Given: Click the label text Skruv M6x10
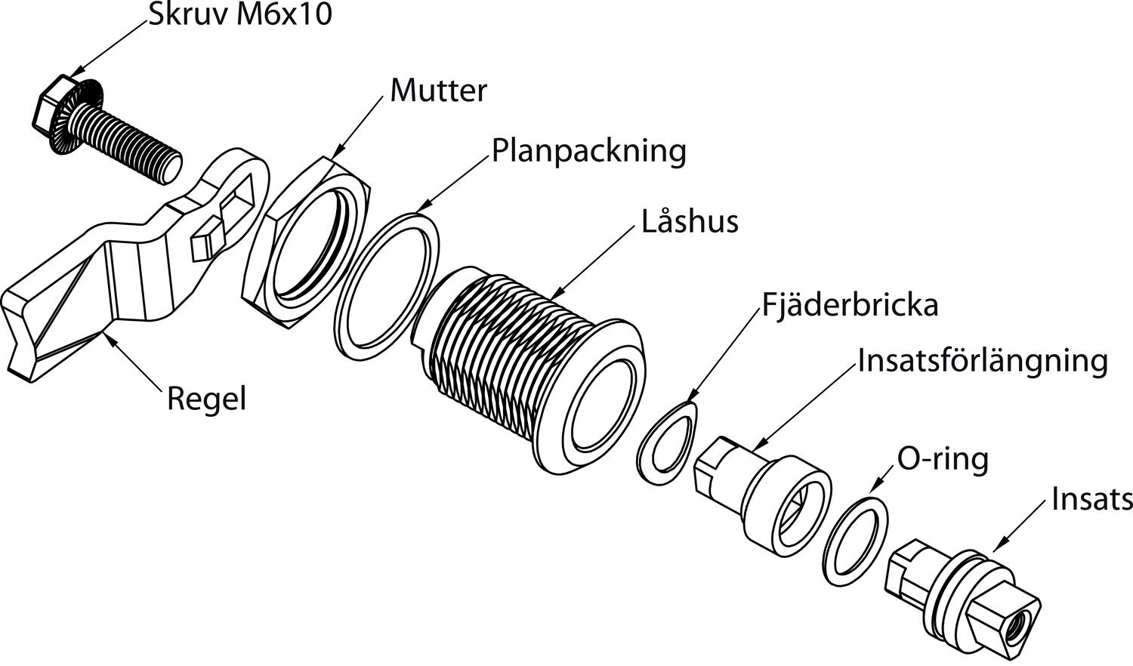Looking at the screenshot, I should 239,14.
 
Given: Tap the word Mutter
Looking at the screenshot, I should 438,91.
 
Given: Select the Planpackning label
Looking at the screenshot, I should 589,151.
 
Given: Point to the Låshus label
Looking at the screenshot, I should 690,222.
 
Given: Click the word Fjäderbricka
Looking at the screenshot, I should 850,305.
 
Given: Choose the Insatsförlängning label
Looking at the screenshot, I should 983,361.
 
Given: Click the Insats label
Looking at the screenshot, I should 1092,499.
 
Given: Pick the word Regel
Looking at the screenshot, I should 206,399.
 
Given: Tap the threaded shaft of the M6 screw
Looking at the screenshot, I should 132,143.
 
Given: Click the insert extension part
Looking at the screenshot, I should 763,491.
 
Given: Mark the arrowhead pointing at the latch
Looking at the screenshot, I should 109,339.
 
